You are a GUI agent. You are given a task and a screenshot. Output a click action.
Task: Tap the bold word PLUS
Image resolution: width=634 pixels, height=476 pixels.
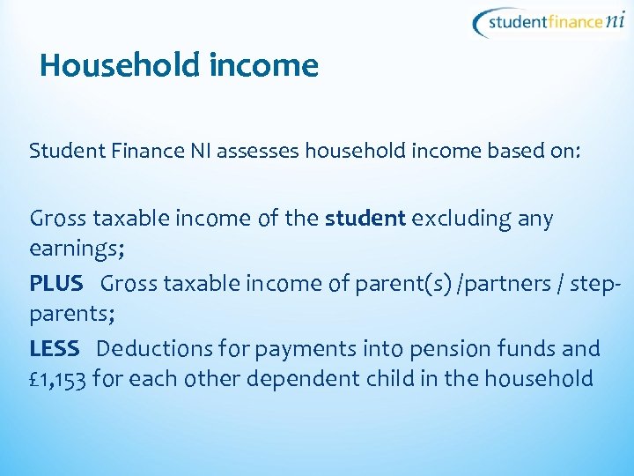click(x=56, y=284)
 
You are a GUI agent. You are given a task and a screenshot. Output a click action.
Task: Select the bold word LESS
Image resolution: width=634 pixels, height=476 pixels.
click(x=55, y=349)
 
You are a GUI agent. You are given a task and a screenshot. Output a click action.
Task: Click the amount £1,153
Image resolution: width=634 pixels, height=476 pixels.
click(x=57, y=380)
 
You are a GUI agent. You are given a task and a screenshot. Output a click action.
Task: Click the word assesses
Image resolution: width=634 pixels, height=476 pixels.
click(x=256, y=152)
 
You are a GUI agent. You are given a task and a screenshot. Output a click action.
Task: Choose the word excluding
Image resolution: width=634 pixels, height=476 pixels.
click(x=458, y=219)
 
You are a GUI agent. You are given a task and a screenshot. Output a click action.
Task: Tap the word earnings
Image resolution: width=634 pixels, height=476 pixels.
click(x=75, y=251)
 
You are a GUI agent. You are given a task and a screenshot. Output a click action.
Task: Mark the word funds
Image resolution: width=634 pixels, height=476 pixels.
click(x=530, y=349)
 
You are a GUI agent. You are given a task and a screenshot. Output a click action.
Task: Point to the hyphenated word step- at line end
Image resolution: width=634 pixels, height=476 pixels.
click(x=598, y=284)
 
